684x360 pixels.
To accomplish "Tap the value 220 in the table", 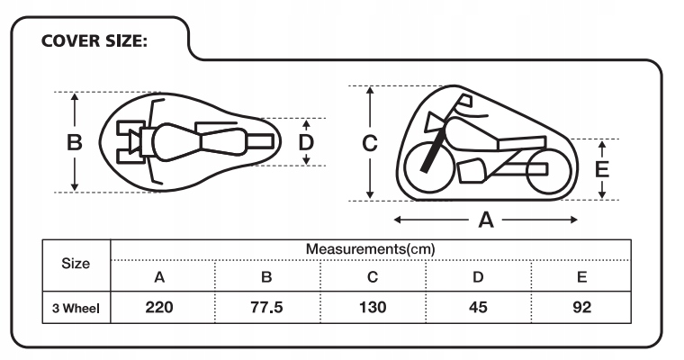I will (x=159, y=308).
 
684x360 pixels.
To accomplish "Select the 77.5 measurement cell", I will (x=266, y=308).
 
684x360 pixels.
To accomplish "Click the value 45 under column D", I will (x=478, y=308).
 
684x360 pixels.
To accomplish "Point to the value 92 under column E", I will (x=582, y=308).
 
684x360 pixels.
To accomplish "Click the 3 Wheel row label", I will (x=76, y=309).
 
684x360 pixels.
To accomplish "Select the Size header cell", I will (x=76, y=264).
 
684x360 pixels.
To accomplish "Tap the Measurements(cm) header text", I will (x=371, y=248).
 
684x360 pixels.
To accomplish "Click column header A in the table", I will (x=159, y=277).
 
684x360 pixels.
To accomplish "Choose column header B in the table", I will (x=266, y=277).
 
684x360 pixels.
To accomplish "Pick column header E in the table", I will (x=582, y=277).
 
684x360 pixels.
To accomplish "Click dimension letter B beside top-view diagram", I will (x=75, y=142).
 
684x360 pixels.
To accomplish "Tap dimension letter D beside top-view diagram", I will (x=306, y=142).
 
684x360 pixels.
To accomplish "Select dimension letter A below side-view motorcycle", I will (x=487, y=220).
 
